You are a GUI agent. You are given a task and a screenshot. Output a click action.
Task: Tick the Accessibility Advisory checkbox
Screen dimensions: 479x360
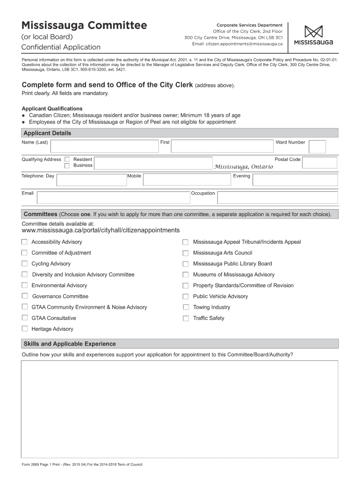(x=24, y=242)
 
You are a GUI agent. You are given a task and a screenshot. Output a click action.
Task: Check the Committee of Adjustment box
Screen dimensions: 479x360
(x=24, y=253)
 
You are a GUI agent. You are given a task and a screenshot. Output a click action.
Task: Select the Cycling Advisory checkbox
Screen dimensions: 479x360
(x=24, y=264)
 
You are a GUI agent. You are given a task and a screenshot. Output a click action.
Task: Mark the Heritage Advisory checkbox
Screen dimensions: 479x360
(x=24, y=329)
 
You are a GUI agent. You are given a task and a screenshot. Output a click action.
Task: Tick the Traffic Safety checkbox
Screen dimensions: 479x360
(x=186, y=319)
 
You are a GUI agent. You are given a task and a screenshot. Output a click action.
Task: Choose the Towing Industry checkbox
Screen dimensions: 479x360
(x=186, y=307)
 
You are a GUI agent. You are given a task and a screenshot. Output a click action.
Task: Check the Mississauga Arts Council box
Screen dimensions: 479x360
(x=186, y=253)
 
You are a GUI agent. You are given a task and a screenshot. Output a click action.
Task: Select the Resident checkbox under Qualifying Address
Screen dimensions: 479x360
(x=67, y=160)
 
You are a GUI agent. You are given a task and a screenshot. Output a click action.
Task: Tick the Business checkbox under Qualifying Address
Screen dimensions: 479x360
(x=67, y=166)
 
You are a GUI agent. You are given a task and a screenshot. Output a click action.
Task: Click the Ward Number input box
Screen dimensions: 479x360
(x=317, y=147)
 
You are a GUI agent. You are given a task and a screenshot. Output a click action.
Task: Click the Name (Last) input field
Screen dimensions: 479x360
(x=105, y=146)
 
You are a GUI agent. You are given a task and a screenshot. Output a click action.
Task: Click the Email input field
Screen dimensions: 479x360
(x=113, y=197)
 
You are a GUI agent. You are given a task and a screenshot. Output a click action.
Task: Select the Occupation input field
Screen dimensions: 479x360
(x=277, y=197)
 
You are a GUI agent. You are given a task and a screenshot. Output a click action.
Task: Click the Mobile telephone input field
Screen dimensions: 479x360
(x=187, y=180)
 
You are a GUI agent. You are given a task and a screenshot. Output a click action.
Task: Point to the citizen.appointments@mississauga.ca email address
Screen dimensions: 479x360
(x=238, y=44)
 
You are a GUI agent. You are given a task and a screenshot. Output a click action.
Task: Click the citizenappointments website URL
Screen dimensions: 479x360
(x=101, y=230)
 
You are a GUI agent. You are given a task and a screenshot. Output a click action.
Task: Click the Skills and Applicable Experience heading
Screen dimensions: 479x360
(x=70, y=344)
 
